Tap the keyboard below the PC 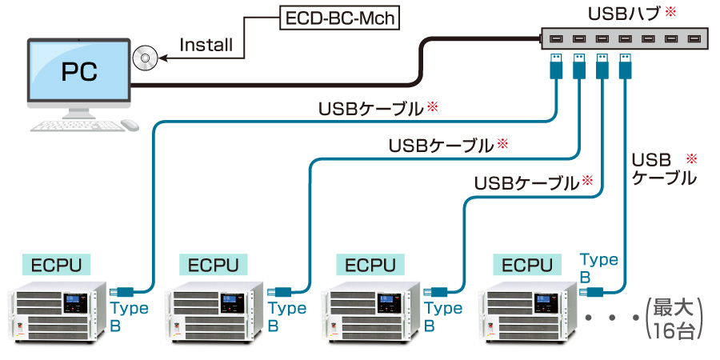click(x=76, y=126)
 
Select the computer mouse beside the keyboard click(x=130, y=125)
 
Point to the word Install click(x=206, y=45)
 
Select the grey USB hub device click(x=623, y=38)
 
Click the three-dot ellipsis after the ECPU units click(x=612, y=318)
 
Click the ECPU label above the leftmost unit click(x=57, y=265)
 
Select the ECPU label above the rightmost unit click(x=527, y=265)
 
